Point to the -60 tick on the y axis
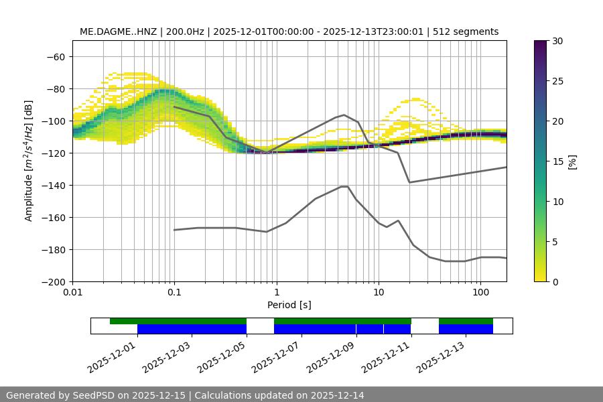[55, 57]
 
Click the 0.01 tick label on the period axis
[72, 293]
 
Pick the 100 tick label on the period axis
[480, 293]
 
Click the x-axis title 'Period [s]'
[289, 305]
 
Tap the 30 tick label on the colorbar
[557, 41]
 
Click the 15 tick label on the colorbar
[557, 161]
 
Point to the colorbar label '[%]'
[572, 161]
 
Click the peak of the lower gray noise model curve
[344, 186]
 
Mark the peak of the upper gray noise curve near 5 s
[344, 115]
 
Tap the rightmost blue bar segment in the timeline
[466, 329]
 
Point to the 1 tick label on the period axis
[276, 293]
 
